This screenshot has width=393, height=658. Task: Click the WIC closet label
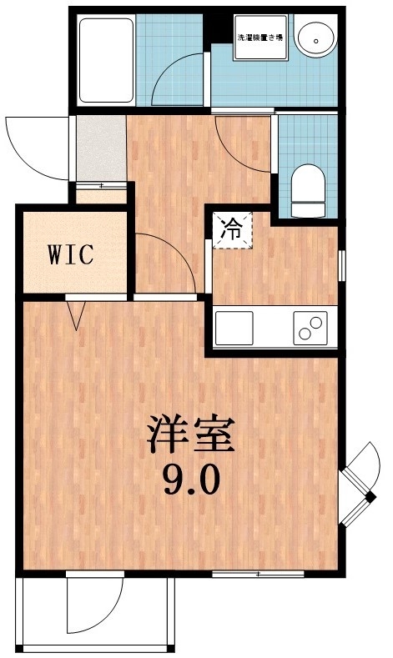73,254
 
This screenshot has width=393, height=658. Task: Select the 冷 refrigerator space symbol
231,229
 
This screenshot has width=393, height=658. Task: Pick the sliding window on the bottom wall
257,574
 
